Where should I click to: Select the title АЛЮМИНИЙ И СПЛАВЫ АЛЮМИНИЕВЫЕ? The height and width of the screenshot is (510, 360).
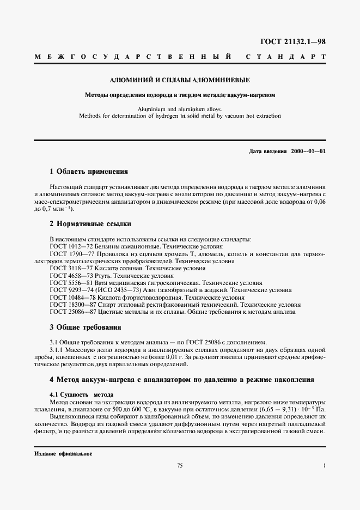[180, 81]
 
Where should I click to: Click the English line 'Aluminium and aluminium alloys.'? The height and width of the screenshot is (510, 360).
[180, 108]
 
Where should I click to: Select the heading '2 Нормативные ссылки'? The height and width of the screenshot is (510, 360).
[90, 224]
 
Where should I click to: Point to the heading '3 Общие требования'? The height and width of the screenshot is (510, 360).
[85, 327]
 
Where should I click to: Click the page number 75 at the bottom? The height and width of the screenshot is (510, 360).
[180, 465]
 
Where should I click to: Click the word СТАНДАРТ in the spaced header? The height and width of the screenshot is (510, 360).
[285, 57]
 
